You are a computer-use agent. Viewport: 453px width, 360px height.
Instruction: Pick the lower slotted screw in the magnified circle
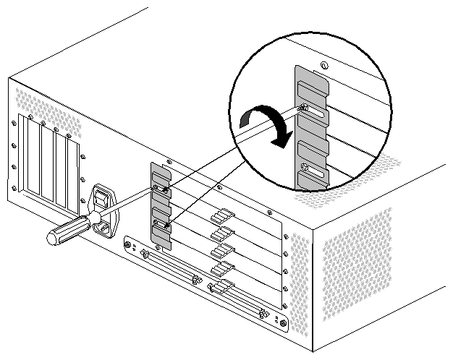(x=307, y=171)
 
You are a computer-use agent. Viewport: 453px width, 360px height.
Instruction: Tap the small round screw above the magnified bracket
(x=325, y=67)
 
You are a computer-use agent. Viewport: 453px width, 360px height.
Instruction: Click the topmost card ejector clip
(x=221, y=216)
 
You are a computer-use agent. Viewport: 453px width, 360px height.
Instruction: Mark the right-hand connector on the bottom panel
(x=234, y=299)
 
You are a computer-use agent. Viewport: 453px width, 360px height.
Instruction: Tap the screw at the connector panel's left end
(x=130, y=246)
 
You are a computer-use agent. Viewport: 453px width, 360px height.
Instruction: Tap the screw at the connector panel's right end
(x=282, y=322)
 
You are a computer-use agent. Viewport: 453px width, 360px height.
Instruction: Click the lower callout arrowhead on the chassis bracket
(x=168, y=226)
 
